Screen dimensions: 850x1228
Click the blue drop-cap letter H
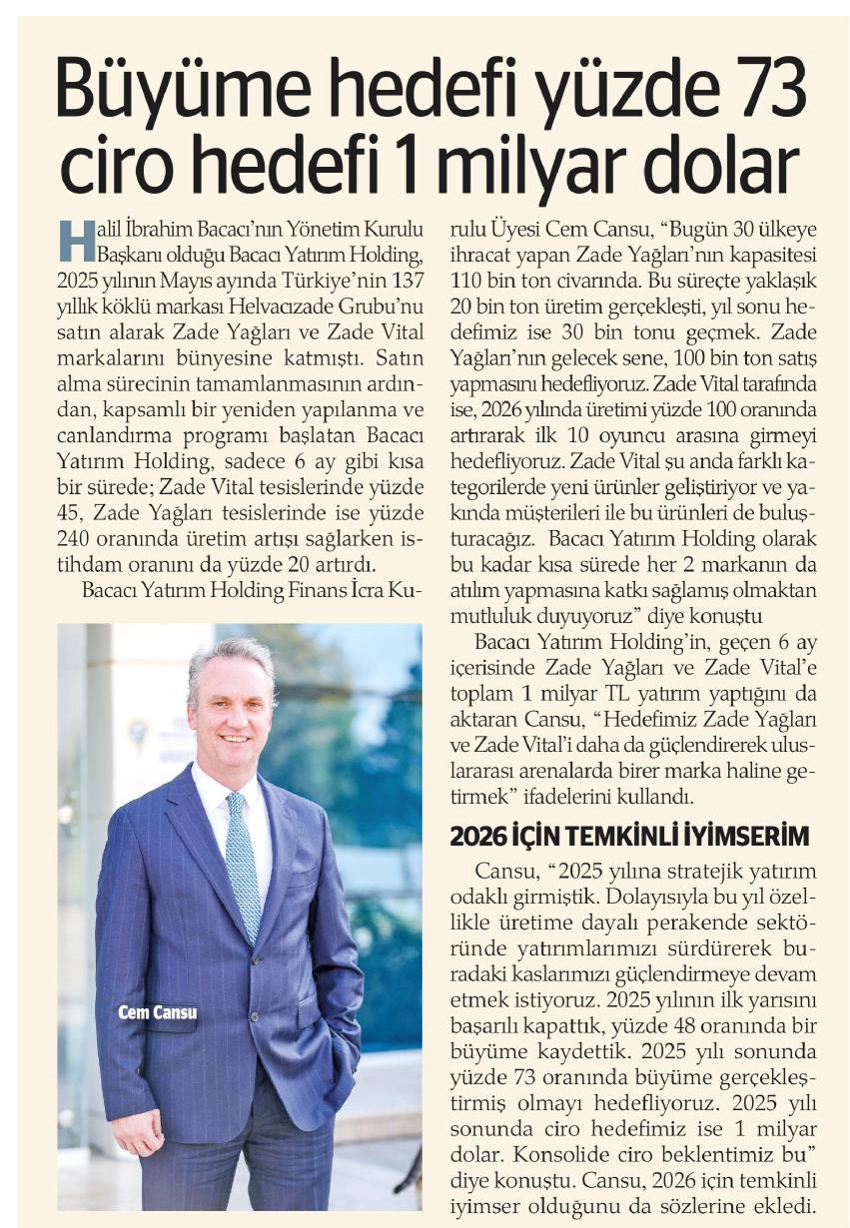[72, 238]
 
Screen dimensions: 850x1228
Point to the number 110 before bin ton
[470, 278]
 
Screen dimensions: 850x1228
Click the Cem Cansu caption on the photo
[157, 1012]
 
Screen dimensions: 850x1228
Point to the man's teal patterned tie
[243, 859]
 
